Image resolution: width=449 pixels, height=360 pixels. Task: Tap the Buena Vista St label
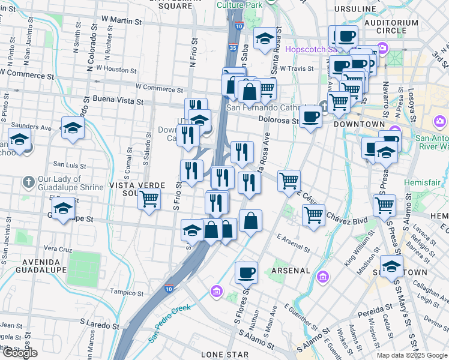pyautogui.click(x=118, y=100)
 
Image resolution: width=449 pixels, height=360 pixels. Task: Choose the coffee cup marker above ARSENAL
pyautogui.click(x=246, y=273)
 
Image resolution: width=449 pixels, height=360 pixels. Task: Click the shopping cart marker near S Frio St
pyautogui.click(x=149, y=199)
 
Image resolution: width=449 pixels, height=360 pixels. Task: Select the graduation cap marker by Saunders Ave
pyautogui.click(x=73, y=127)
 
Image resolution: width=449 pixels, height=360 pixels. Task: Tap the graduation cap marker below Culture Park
pyautogui.click(x=265, y=39)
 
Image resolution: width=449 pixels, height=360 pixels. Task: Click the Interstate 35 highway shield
pyautogui.click(x=232, y=48)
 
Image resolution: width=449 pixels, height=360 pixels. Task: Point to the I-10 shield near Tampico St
pyautogui.click(x=170, y=289)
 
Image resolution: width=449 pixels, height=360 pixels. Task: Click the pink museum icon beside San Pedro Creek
pyautogui.click(x=216, y=292)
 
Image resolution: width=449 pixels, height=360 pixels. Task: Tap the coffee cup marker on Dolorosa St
pyautogui.click(x=310, y=116)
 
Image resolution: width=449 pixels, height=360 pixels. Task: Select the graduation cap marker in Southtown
pyautogui.click(x=391, y=266)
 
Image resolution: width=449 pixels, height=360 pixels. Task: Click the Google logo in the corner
pyautogui.click(x=20, y=352)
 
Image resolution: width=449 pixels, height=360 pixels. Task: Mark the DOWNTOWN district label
pyautogui.click(x=359, y=124)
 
